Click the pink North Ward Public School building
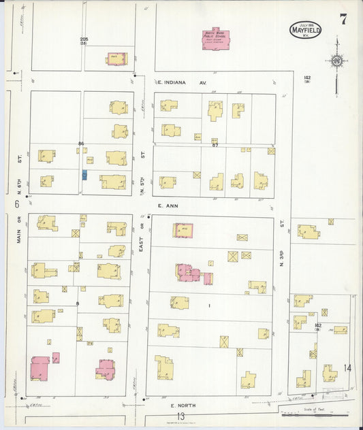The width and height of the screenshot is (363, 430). (216, 39)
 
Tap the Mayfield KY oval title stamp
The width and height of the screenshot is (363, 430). (305, 30)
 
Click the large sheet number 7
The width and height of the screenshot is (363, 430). (343, 19)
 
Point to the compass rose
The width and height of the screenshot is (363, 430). (336, 61)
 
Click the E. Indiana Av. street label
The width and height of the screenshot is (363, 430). (183, 82)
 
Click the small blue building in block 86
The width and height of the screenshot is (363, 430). (84, 175)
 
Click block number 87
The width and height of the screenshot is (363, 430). (215, 145)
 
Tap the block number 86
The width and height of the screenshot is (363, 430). (81, 144)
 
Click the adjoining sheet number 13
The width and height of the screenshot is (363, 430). (180, 416)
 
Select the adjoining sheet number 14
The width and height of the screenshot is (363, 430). (347, 368)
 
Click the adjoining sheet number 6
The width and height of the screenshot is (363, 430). (15, 203)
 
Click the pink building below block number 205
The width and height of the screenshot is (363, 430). (116, 59)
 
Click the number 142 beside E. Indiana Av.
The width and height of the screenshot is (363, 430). (308, 78)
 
